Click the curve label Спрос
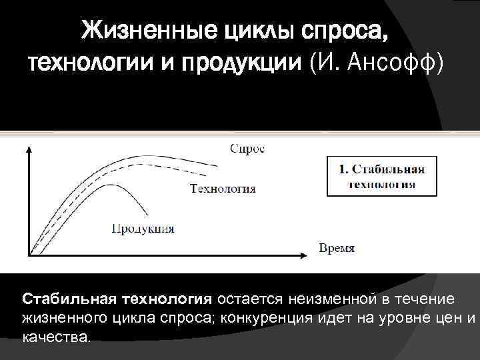tap(247, 149)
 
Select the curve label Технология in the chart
tap(223, 188)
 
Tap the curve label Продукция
tap(143, 229)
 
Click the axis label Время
tap(337, 248)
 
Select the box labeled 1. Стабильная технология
tap(381, 176)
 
